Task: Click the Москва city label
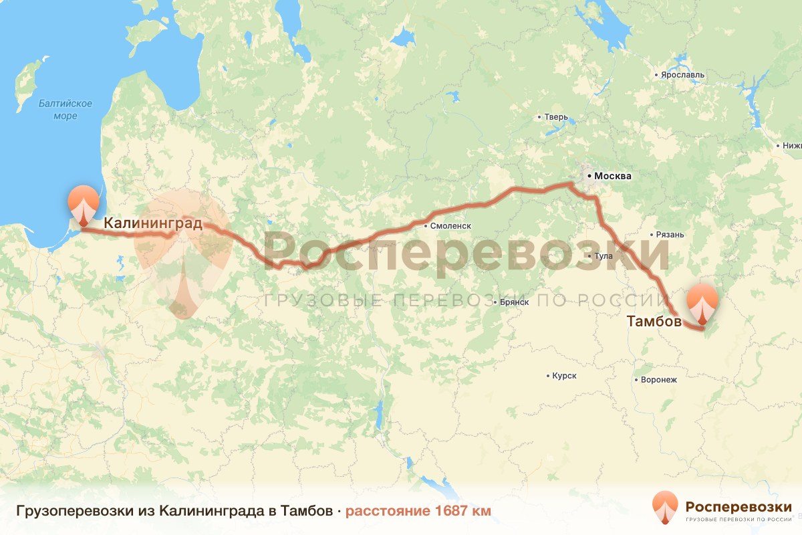pyautogui.click(x=612, y=177)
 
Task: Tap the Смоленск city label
pyautogui.click(x=451, y=226)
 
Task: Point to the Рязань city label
pyautogui.click(x=671, y=235)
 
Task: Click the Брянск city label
pyautogui.click(x=515, y=302)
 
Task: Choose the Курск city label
pyautogui.click(x=564, y=376)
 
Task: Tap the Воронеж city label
pyautogui.click(x=659, y=380)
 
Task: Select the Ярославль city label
pyautogui.click(x=682, y=75)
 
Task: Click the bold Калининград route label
pyautogui.click(x=153, y=223)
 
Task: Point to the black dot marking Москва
pyautogui.click(x=589, y=177)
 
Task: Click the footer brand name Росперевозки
pyautogui.click(x=739, y=506)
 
